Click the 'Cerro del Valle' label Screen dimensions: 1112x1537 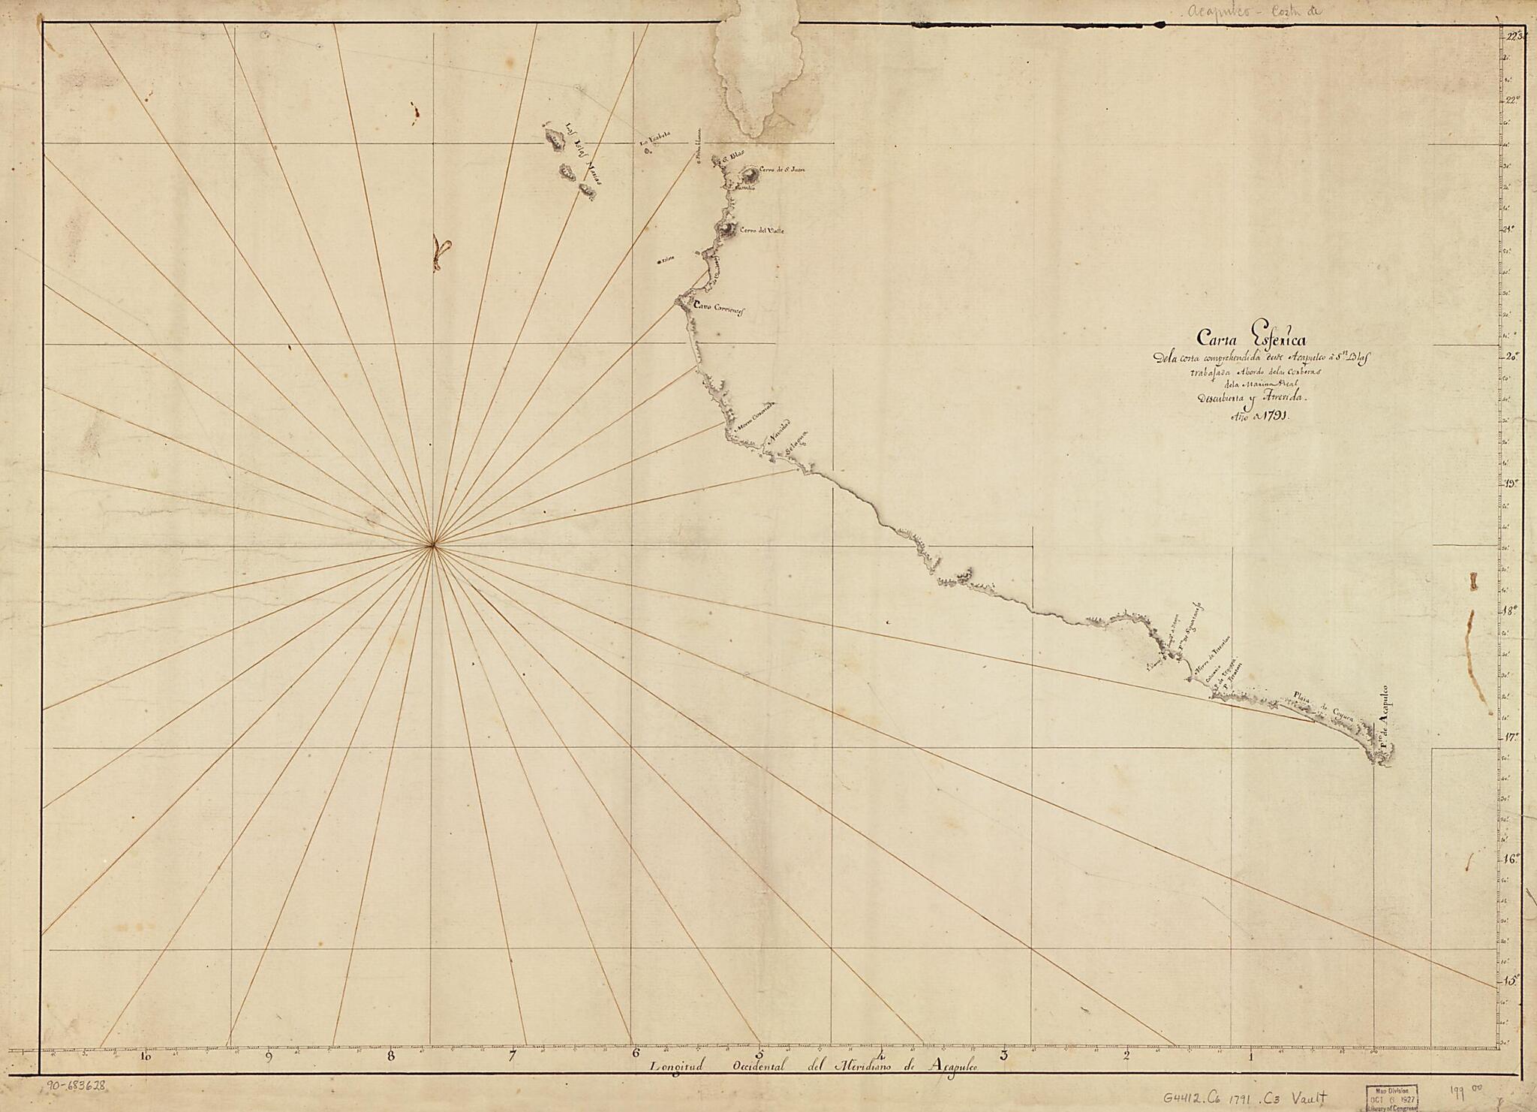point(762,231)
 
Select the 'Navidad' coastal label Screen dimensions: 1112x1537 point(778,433)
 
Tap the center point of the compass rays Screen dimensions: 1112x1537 point(432,546)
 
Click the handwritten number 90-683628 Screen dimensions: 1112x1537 point(77,1085)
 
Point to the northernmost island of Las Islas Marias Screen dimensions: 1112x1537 point(555,138)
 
